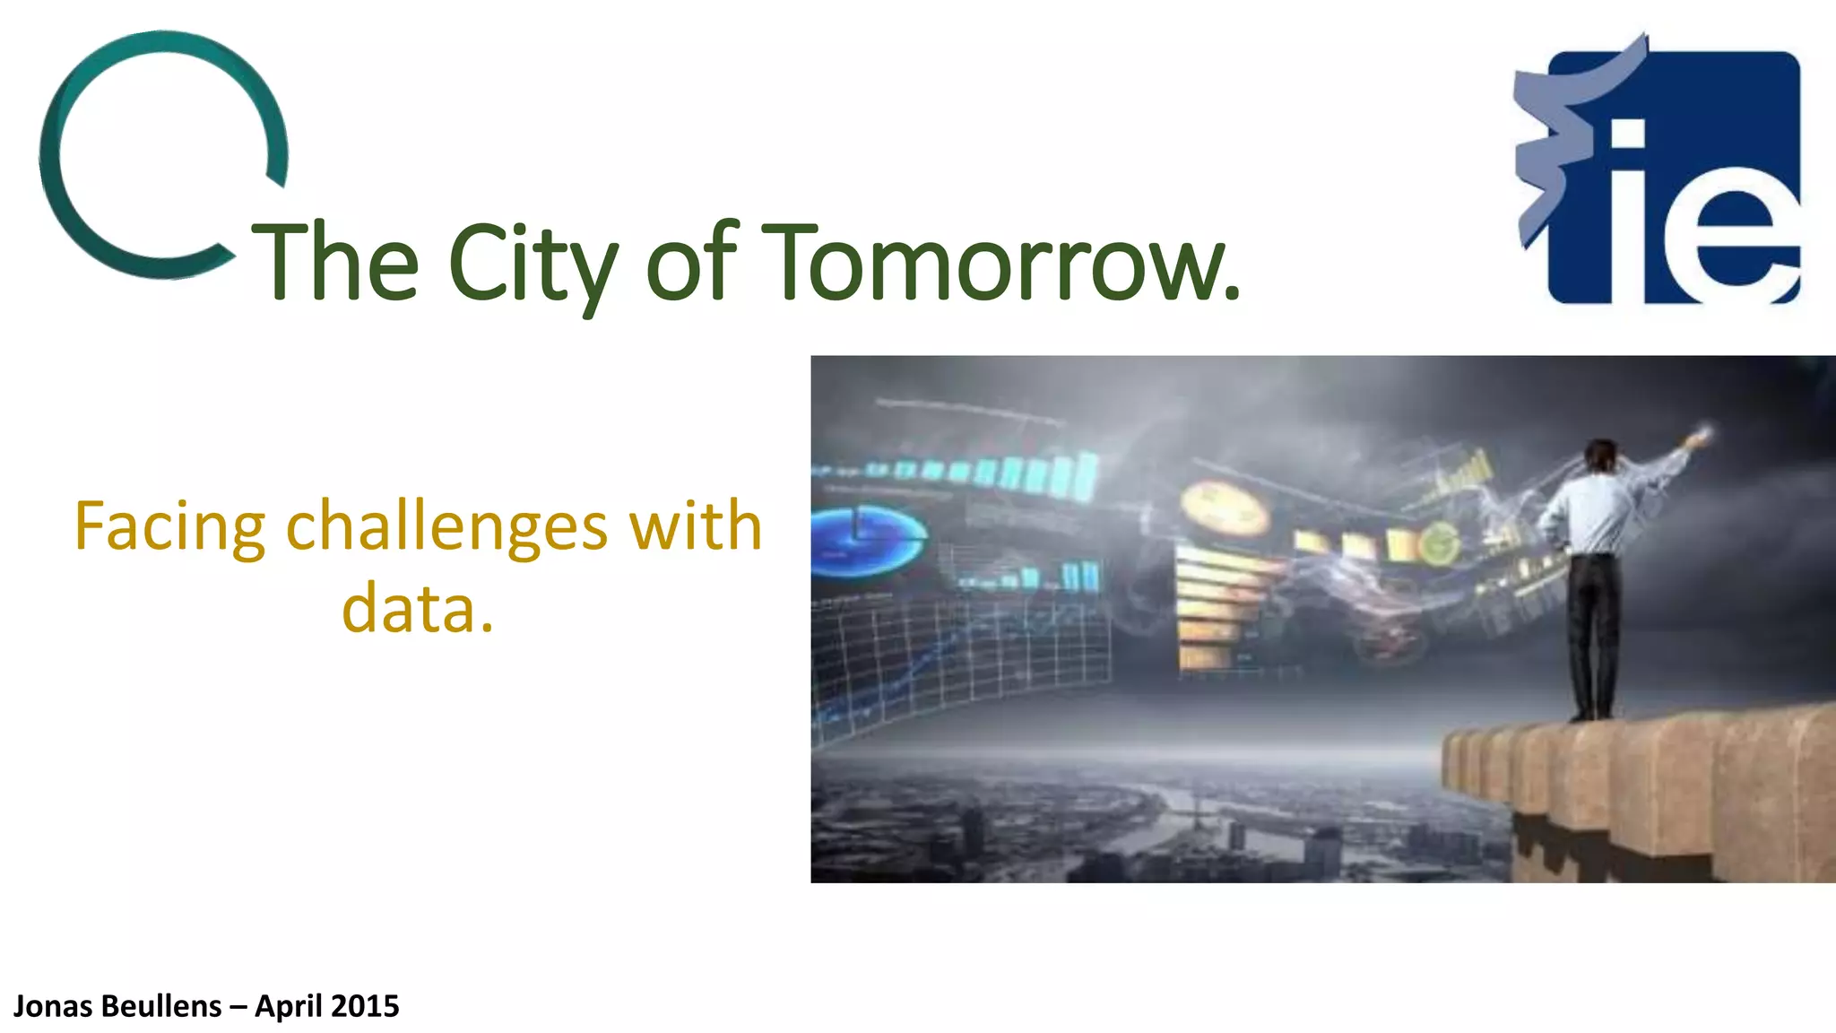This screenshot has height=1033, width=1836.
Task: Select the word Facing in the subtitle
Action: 169,526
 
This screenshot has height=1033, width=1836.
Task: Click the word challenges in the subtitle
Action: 446,526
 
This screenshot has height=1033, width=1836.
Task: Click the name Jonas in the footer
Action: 52,1006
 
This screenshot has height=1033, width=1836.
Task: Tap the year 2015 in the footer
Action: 365,1006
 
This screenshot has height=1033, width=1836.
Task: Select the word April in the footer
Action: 288,1006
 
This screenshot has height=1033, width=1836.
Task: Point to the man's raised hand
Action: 1697,438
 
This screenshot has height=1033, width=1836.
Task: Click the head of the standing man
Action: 1600,455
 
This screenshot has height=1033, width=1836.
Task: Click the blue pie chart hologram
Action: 865,539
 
